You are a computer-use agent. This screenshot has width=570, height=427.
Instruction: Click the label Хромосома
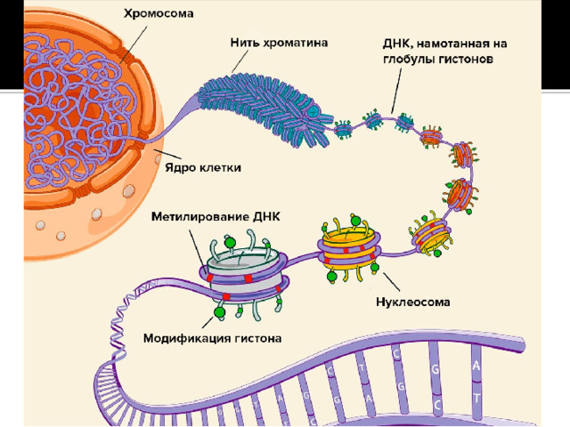[159, 14]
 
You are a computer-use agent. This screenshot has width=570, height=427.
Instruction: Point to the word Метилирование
[199, 217]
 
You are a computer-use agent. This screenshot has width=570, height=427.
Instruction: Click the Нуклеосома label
[413, 302]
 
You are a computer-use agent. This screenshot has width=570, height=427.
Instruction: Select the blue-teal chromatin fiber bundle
[263, 109]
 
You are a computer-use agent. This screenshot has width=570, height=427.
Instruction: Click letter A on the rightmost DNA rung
[476, 366]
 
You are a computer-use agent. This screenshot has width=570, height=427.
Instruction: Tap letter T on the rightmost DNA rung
[476, 398]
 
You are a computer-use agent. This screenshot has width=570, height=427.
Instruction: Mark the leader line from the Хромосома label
[134, 44]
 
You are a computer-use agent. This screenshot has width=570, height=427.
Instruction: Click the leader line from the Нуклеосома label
[392, 282]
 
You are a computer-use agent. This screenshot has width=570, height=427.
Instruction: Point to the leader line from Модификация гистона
[208, 322]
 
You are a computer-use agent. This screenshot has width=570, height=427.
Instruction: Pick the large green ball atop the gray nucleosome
[230, 242]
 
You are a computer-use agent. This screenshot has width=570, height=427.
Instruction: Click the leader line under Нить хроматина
[240, 61]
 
